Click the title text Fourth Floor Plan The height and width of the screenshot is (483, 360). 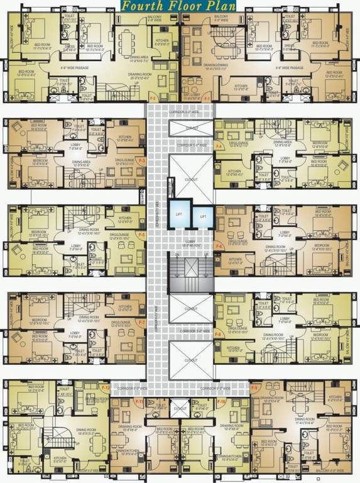(x=180, y=6)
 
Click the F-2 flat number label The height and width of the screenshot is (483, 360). (x=153, y=98)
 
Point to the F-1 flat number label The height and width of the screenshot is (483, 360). (x=207, y=98)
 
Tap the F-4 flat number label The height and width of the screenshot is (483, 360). (x=219, y=147)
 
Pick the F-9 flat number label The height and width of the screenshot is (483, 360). (x=254, y=388)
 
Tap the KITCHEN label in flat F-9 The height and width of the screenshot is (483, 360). (x=335, y=398)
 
